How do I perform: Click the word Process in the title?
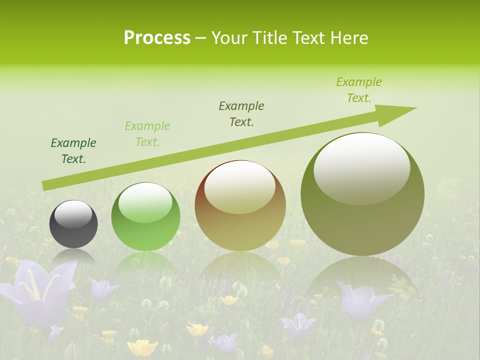coord(157,38)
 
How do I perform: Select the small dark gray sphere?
coord(73,230)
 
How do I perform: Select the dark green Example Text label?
coord(73,151)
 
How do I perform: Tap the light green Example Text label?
coord(147,134)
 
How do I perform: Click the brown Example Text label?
coord(241,114)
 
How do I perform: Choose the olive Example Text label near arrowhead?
coord(358,90)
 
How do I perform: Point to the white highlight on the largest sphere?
coord(361,167)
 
